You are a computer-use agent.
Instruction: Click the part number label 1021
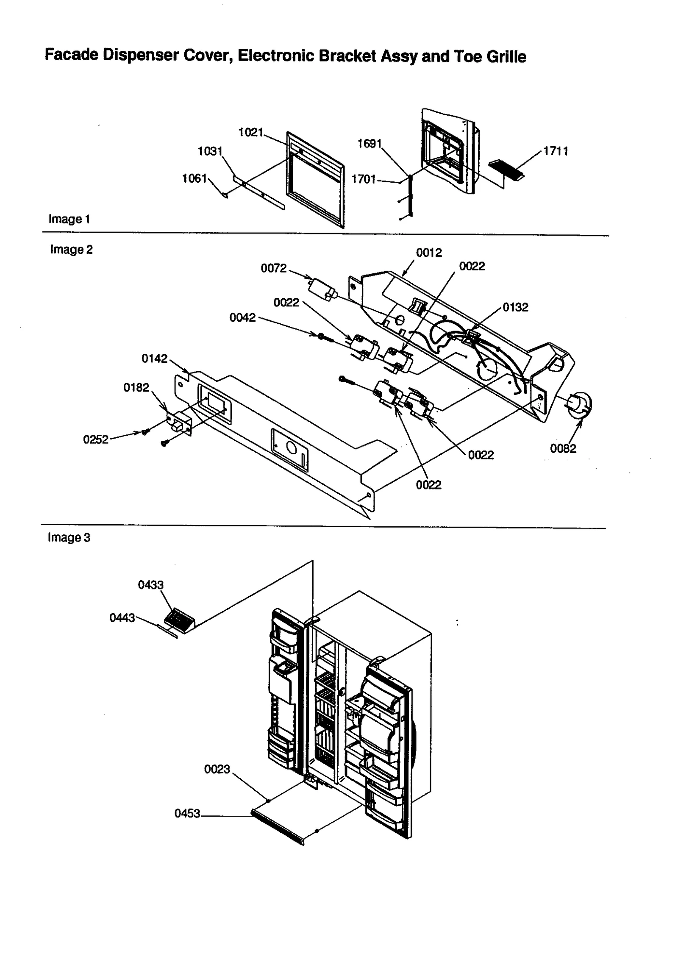(250, 132)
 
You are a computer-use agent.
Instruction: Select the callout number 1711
(556, 151)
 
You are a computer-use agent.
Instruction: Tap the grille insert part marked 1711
(506, 170)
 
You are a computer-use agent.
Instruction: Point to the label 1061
(194, 178)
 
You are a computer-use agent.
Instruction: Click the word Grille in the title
(506, 56)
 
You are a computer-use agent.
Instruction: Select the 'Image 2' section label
(71, 250)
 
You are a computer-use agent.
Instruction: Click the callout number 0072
(273, 268)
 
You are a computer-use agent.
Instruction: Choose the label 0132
(515, 307)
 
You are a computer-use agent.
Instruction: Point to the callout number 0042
(242, 317)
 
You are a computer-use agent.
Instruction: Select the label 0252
(96, 439)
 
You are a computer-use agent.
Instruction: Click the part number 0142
(154, 359)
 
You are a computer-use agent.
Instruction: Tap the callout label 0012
(429, 253)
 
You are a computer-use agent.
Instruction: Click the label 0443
(122, 618)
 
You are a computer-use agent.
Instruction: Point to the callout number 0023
(217, 769)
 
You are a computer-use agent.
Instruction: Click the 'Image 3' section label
(69, 537)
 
